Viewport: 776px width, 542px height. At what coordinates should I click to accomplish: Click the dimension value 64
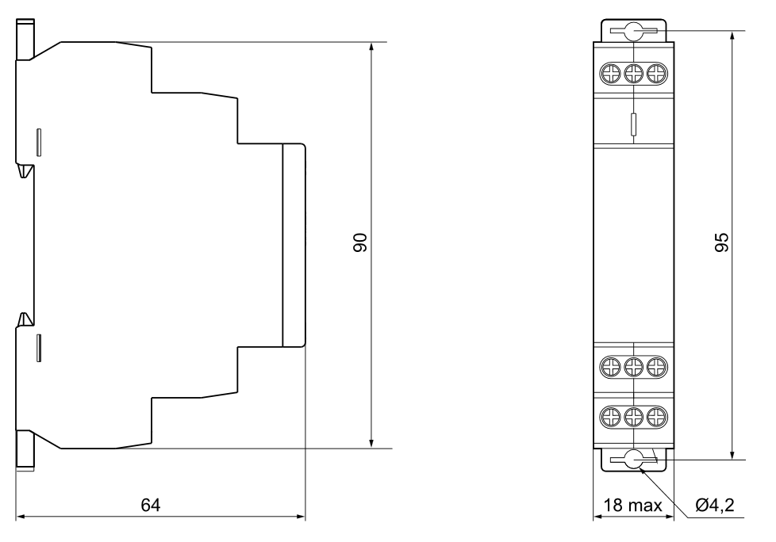point(151,505)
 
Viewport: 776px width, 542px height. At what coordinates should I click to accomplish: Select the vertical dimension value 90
point(360,242)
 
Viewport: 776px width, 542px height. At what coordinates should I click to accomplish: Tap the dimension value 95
point(722,242)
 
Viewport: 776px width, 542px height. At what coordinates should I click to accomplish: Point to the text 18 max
point(632,505)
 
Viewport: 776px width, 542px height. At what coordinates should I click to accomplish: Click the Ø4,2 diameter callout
point(715,505)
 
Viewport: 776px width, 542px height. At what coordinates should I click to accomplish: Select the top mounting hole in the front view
point(633,31)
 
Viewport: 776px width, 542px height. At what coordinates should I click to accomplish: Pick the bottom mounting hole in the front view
point(633,460)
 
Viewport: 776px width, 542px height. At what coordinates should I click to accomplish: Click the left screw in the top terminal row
point(610,74)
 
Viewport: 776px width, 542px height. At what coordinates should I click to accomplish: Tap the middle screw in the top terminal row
point(633,74)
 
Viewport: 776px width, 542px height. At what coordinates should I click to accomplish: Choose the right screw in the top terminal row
point(657,74)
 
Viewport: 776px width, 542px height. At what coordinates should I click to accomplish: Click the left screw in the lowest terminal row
point(610,417)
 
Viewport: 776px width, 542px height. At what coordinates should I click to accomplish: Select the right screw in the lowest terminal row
point(657,417)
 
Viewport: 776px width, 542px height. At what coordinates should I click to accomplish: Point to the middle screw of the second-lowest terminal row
point(633,367)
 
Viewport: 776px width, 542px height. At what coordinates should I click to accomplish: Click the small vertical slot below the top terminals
point(633,124)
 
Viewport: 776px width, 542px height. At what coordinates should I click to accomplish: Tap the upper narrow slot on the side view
point(39,143)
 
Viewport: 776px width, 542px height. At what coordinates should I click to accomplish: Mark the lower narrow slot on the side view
point(39,348)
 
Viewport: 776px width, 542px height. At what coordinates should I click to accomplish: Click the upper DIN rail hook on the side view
point(25,170)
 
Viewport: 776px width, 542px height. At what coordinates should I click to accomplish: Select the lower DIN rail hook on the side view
point(25,319)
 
